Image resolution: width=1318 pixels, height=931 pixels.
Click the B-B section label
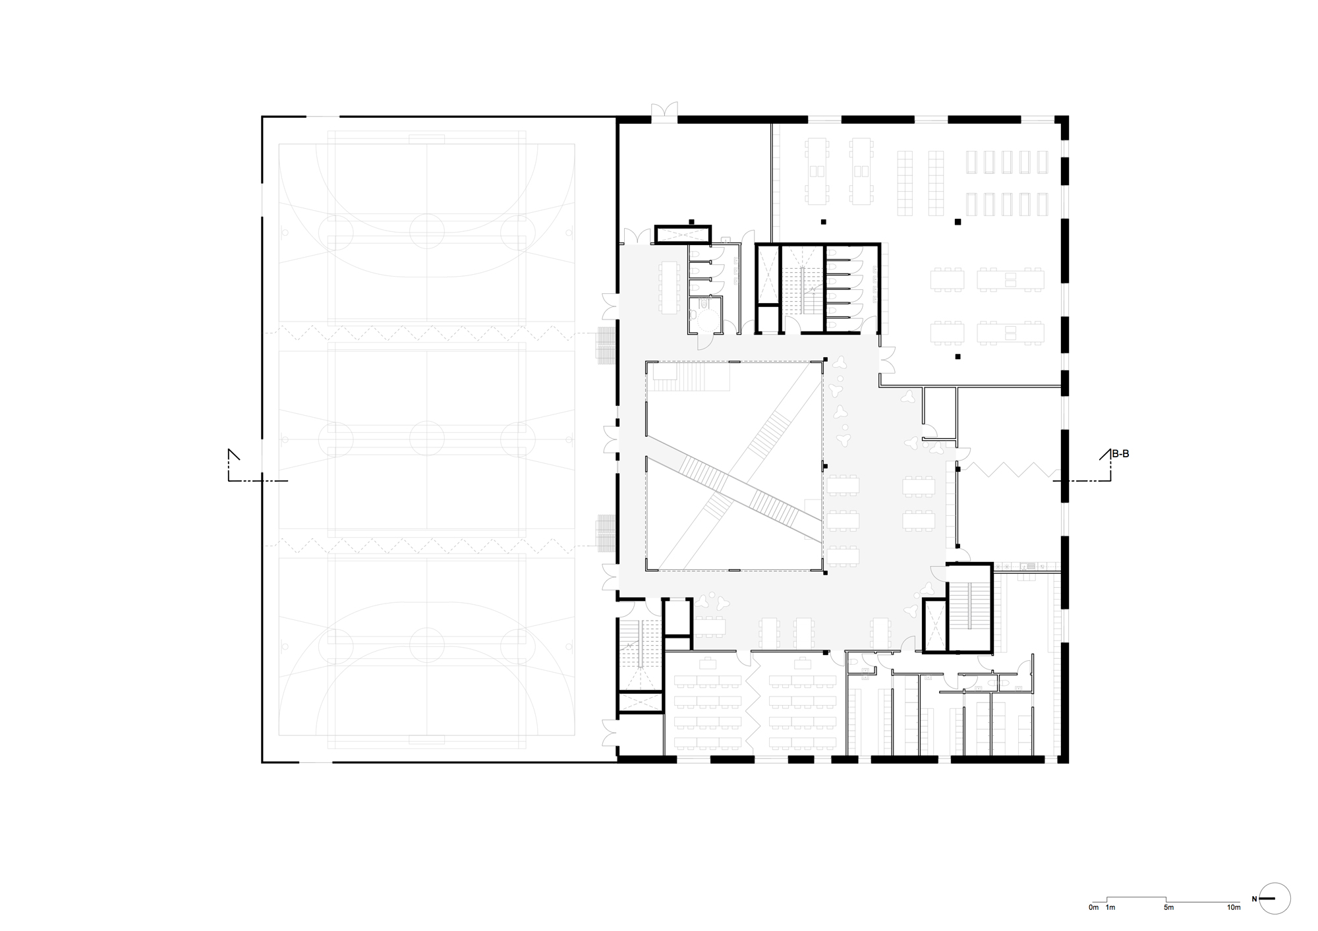pyautogui.click(x=1120, y=454)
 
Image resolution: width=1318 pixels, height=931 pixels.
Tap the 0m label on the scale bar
pyautogui.click(x=1094, y=907)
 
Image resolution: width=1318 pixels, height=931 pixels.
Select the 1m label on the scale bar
pyautogui.click(x=1110, y=907)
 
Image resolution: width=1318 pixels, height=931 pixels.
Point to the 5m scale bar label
pyautogui.click(x=1168, y=907)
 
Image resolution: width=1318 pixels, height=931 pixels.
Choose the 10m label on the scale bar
pyautogui.click(x=1234, y=907)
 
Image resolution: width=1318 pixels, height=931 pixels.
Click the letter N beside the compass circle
pyautogui.click(x=1255, y=899)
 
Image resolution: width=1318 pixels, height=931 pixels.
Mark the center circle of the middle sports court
pyautogui.click(x=426, y=437)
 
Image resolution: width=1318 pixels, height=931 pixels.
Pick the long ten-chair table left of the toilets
pyautogui.click(x=670, y=287)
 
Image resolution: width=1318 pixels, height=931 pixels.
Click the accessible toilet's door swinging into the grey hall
pyautogui.click(x=704, y=341)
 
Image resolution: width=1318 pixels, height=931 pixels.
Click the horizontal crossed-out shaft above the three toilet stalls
pyautogui.click(x=683, y=235)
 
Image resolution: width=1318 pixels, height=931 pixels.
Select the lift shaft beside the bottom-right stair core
pyautogui.click(x=934, y=625)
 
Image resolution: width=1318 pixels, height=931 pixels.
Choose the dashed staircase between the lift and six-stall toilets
pyautogui.click(x=802, y=289)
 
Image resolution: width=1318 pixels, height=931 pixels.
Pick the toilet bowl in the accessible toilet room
pyautogui.click(x=705, y=304)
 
